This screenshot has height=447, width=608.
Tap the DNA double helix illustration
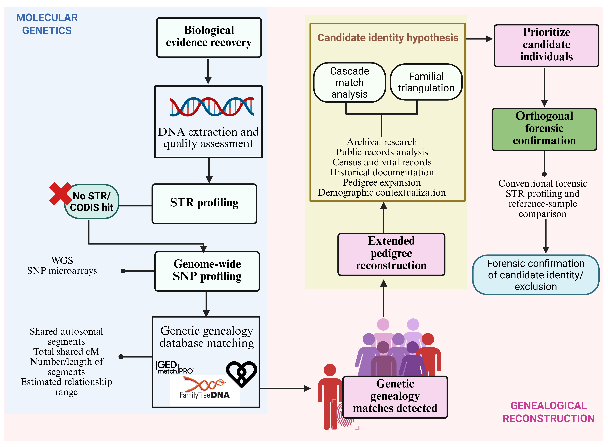pos(212,107)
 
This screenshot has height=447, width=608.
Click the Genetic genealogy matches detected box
pos(395,397)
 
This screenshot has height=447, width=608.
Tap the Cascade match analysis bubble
pos(349,83)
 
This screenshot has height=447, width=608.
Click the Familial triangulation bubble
pos(426,82)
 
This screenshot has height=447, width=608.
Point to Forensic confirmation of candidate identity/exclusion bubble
pos(536,275)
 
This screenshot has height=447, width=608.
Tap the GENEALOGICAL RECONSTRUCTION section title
pos(548,412)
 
